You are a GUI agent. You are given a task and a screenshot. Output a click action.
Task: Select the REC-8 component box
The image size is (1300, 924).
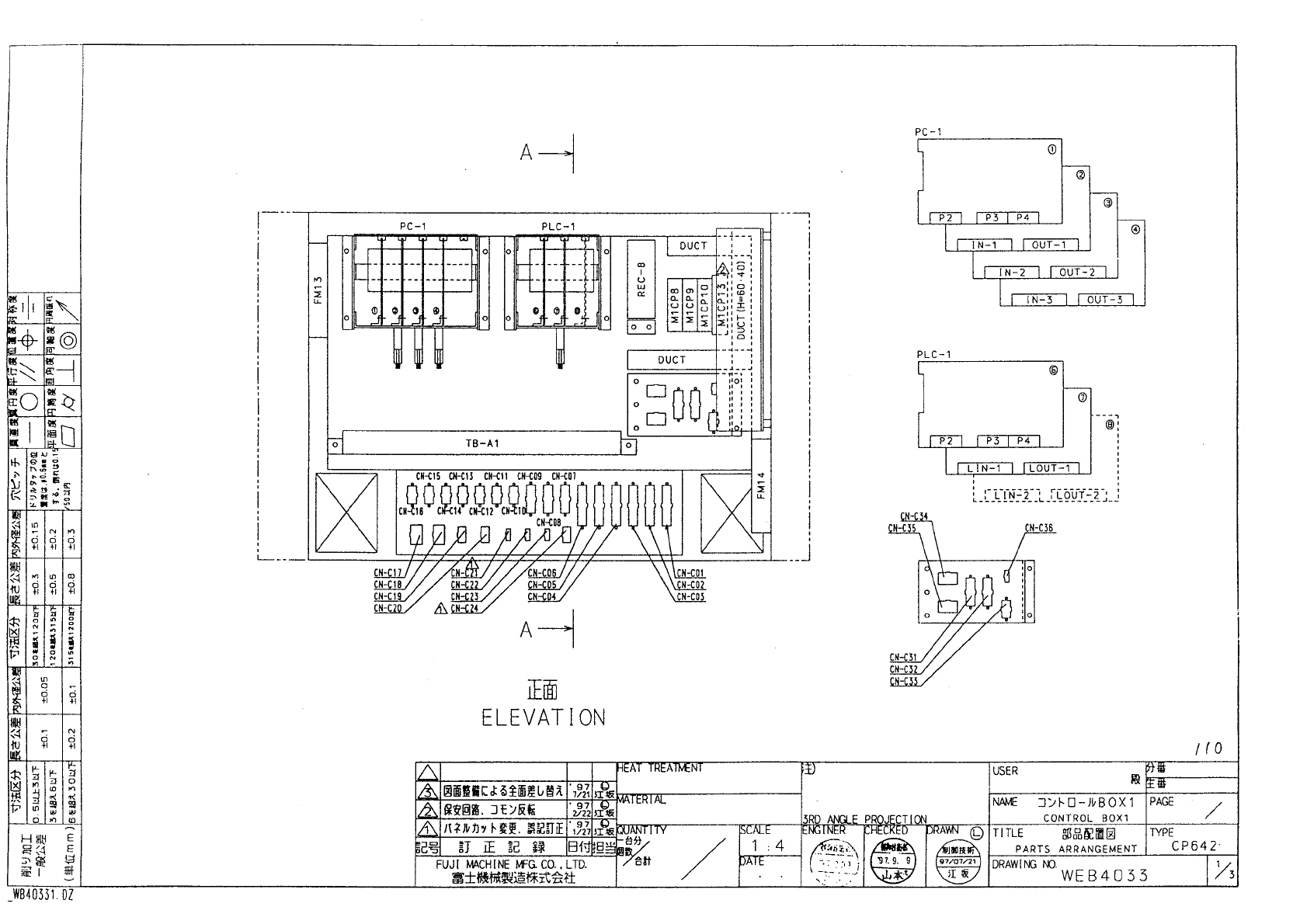642,288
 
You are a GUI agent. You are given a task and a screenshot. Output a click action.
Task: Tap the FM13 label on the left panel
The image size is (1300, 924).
318,289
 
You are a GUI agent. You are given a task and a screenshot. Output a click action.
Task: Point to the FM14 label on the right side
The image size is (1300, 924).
762,487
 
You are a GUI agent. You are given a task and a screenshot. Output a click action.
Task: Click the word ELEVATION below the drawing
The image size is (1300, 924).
543,717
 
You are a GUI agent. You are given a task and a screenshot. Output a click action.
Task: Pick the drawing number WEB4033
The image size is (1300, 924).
1104,876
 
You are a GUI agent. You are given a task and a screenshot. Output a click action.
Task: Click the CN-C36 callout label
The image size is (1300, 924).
1039,528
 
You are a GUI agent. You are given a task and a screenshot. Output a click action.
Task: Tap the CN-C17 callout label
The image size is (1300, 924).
388,573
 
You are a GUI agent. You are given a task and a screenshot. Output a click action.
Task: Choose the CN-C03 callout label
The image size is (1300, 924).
690,597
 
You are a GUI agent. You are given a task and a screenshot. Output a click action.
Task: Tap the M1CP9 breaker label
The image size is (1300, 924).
689,305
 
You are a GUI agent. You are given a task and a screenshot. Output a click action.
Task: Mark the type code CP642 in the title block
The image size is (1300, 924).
1194,846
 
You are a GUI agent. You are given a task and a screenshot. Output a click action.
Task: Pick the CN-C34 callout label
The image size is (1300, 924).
914,516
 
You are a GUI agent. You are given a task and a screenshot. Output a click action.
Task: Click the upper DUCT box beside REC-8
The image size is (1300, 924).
693,245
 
